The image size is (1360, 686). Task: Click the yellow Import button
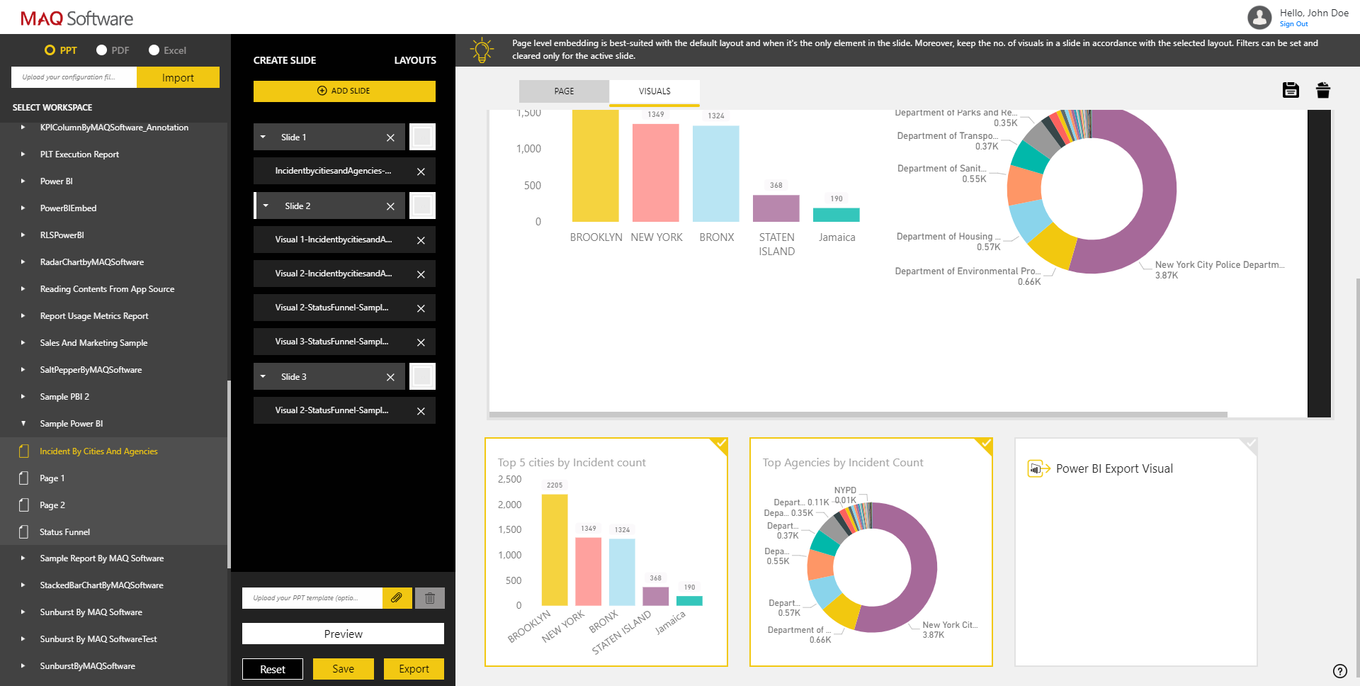pyautogui.click(x=178, y=78)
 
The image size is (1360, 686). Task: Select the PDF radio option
pyautogui.click(x=102, y=50)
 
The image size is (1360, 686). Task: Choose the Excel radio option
pyautogui.click(x=154, y=50)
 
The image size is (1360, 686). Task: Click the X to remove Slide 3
pyautogui.click(x=390, y=377)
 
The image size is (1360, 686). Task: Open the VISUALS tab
pyautogui.click(x=654, y=91)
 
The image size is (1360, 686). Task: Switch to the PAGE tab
pyautogui.click(x=564, y=91)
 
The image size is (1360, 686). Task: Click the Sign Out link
pyautogui.click(x=1293, y=24)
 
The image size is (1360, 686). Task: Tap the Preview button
pyautogui.click(x=343, y=634)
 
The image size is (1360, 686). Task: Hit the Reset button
pyautogui.click(x=272, y=669)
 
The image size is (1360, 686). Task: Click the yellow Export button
pyautogui.click(x=414, y=669)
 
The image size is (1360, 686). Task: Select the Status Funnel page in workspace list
pyautogui.click(x=64, y=532)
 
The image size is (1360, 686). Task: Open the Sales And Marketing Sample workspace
pyautogui.click(x=93, y=343)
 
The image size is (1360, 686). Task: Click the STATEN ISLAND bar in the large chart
pyautogui.click(x=776, y=208)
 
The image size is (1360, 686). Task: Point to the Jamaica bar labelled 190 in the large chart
pyautogui.click(x=836, y=215)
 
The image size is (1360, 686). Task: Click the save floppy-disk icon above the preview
pyautogui.click(x=1291, y=90)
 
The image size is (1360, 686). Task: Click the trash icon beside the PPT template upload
pyautogui.click(x=429, y=598)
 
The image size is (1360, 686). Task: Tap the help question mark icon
pyautogui.click(x=1339, y=671)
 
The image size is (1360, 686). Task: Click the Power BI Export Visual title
pyautogui.click(x=1113, y=468)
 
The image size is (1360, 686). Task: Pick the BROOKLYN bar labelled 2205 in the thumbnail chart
pyautogui.click(x=555, y=549)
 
